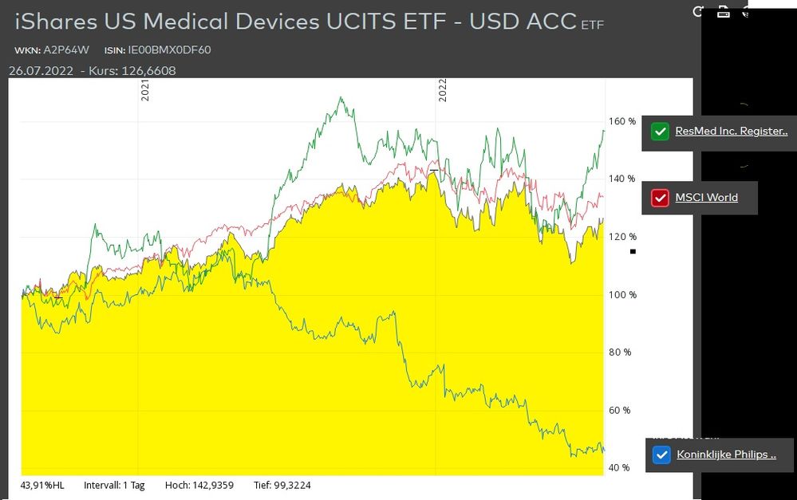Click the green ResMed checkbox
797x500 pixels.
[660, 132]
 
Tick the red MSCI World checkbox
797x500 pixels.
[660, 198]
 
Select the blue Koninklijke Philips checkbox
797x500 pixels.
[661, 455]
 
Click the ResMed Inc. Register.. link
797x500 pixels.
[731, 132]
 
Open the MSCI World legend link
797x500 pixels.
[706, 198]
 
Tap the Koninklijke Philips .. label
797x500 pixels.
[726, 455]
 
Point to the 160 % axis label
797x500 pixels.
[623, 122]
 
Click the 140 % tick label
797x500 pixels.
[623, 179]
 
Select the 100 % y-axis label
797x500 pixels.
[623, 295]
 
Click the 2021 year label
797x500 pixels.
[145, 93]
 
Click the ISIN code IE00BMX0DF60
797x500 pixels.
[170, 50]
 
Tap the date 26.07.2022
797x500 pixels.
[39, 71]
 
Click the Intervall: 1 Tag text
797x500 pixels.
[112, 485]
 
